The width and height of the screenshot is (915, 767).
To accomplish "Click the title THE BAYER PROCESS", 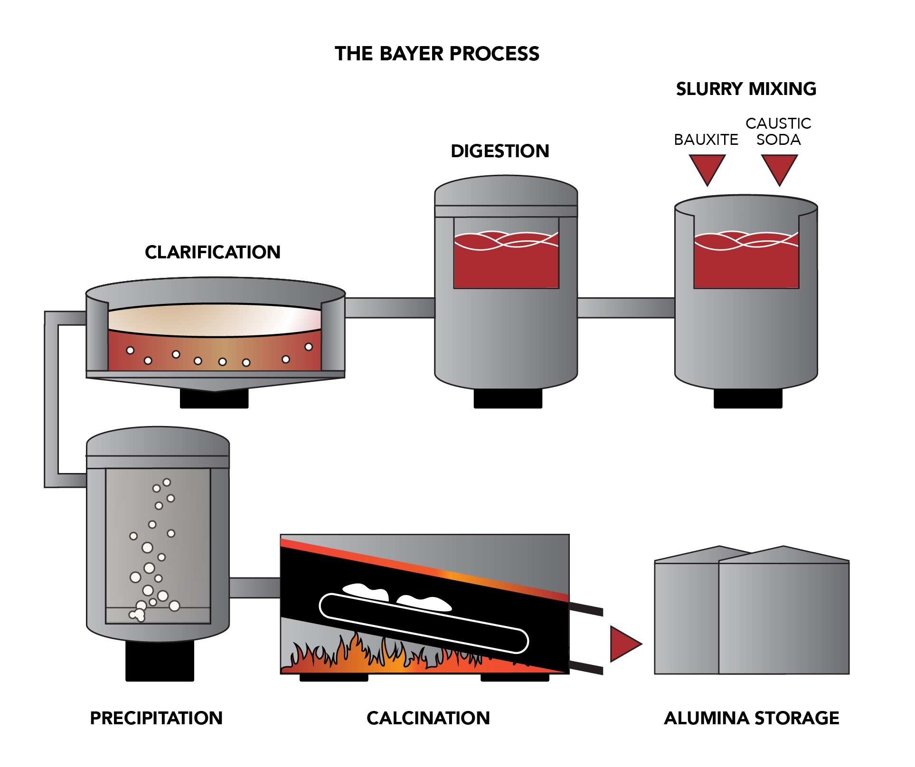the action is click(x=437, y=54).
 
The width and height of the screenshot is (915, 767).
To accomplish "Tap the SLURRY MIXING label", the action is click(x=746, y=89).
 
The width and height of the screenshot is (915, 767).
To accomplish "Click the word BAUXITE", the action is click(x=706, y=140).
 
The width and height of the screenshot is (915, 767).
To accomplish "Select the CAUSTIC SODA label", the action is click(x=778, y=132).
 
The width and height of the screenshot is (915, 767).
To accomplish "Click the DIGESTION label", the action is click(x=500, y=151).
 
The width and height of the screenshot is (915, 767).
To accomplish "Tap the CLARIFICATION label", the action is click(x=213, y=252).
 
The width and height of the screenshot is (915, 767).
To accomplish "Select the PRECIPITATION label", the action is click(x=156, y=718).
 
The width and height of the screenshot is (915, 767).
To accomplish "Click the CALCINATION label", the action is click(x=428, y=718).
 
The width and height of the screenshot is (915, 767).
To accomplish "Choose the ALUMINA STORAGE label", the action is click(x=752, y=718).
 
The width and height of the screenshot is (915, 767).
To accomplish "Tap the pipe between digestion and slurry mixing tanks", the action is click(x=626, y=308).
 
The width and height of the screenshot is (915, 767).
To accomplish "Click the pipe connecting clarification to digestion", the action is click(x=390, y=308).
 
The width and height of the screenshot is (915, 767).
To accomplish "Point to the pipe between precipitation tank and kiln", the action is click(x=255, y=588).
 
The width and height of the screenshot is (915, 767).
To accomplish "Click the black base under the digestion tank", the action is click(x=508, y=398).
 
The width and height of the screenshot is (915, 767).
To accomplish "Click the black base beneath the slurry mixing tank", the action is click(x=748, y=398).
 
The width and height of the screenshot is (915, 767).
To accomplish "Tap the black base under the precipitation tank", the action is click(x=160, y=661).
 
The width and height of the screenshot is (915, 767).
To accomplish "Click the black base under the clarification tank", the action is click(x=214, y=398).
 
